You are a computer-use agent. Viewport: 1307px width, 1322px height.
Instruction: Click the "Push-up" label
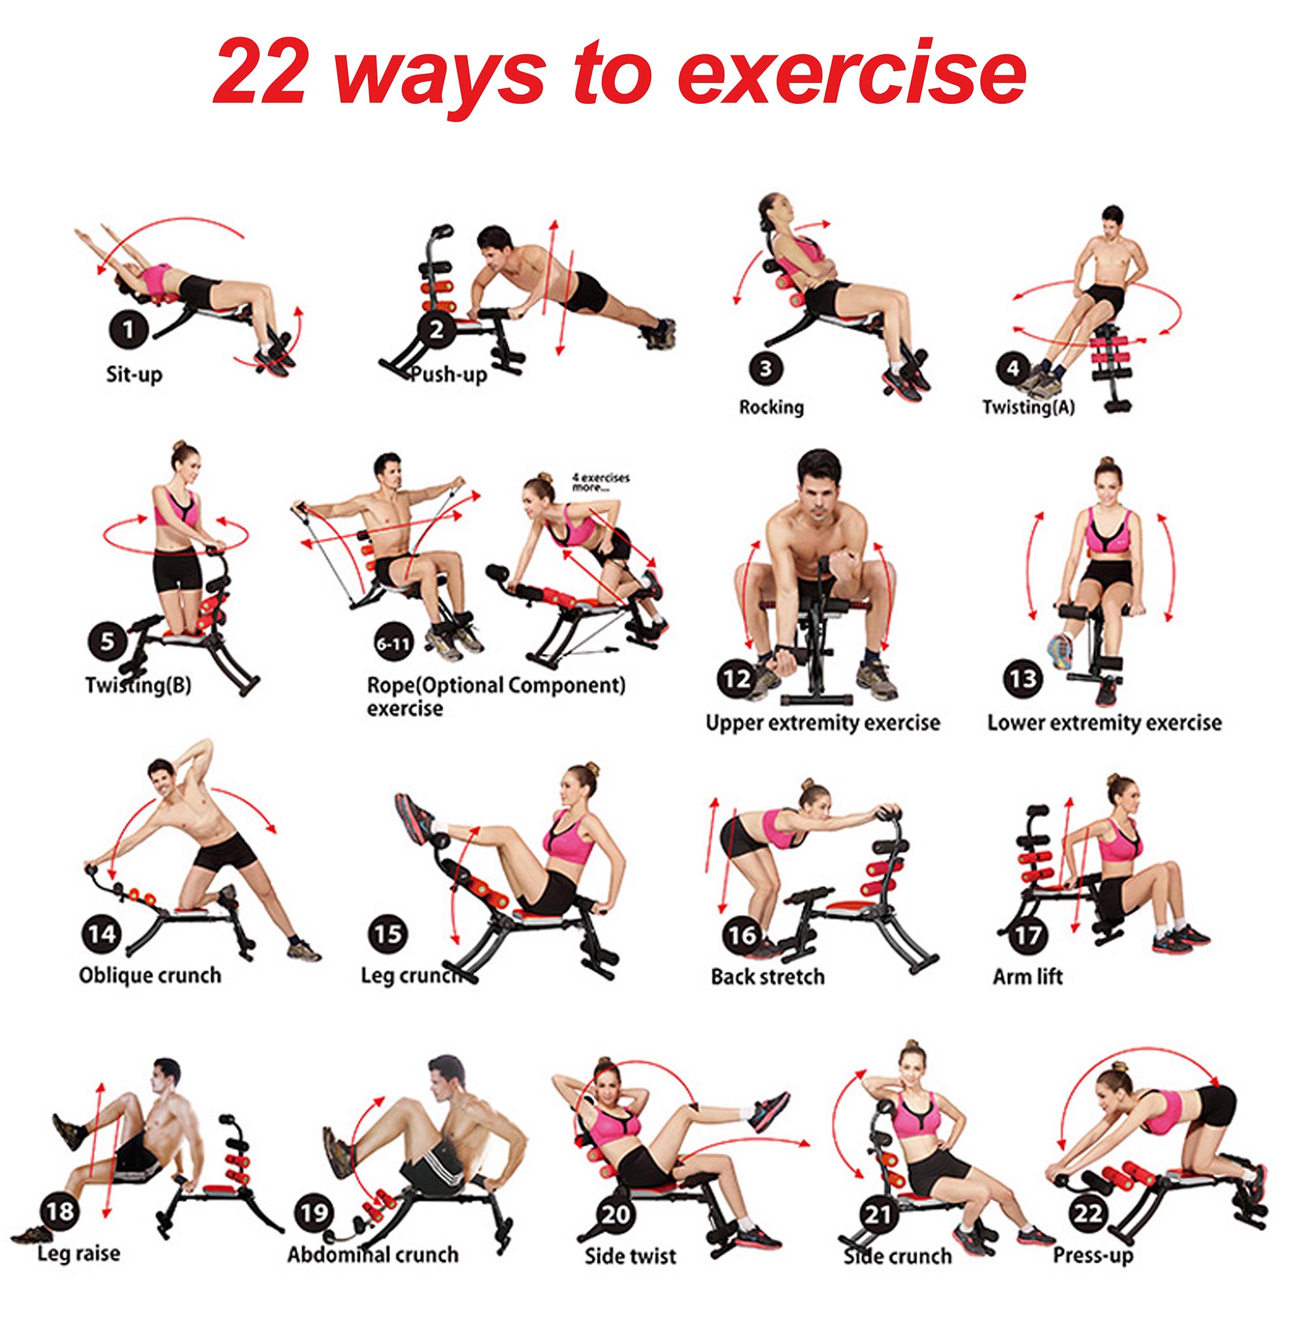(449, 375)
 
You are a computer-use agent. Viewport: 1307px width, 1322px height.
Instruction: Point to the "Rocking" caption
(771, 407)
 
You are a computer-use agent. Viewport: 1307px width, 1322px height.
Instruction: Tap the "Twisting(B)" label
(139, 684)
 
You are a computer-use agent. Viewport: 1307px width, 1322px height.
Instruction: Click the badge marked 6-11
(393, 643)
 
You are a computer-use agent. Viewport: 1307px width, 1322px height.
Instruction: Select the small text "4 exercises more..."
(601, 482)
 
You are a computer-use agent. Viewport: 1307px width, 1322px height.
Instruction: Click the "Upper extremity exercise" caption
(823, 723)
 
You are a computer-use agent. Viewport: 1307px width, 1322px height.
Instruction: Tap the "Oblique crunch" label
(150, 974)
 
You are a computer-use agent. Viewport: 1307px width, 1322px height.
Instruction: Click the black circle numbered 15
(388, 934)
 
